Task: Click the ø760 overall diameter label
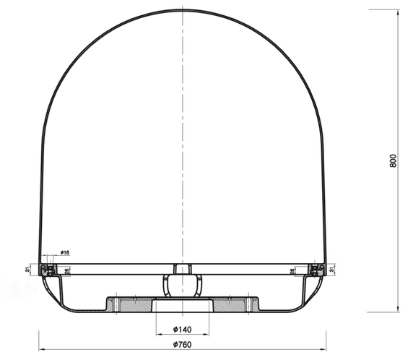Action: click(x=183, y=344)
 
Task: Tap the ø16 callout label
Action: click(x=64, y=253)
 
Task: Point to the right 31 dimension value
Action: click(x=331, y=270)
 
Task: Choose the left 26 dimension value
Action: click(x=68, y=272)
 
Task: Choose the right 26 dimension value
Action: click(x=292, y=272)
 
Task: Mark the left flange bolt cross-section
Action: click(x=48, y=270)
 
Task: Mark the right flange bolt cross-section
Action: click(x=315, y=270)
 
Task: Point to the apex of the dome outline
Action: click(x=183, y=10)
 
